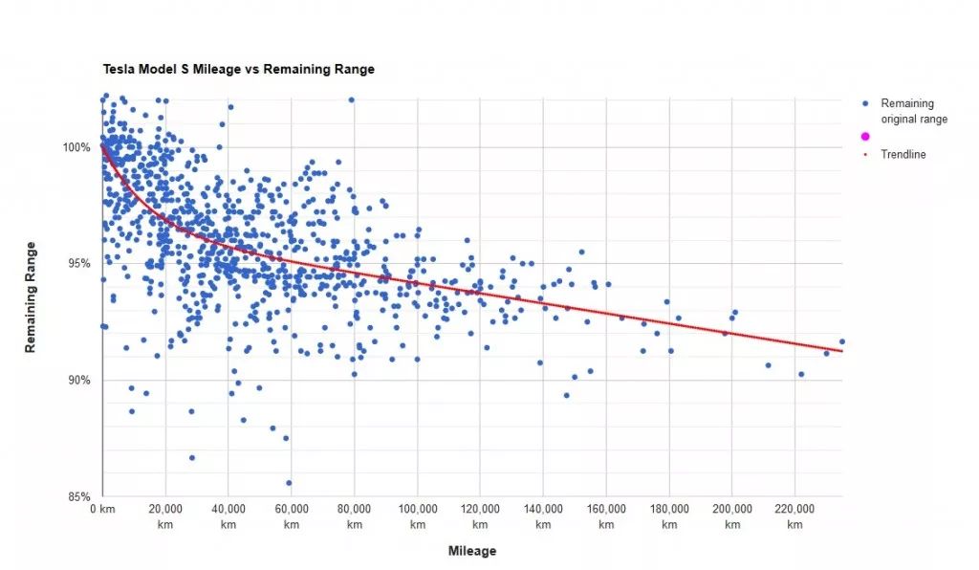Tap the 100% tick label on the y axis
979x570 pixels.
[x=77, y=147]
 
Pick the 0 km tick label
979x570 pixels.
[x=102, y=511]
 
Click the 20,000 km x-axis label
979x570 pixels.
[x=165, y=516]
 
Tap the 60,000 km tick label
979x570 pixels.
[x=292, y=516]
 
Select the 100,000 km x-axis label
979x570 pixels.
[x=418, y=516]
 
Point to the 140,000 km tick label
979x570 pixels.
[x=543, y=516]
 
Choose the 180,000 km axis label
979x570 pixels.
[x=669, y=516]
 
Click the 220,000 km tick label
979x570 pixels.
[x=795, y=516]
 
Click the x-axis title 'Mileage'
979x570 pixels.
[x=472, y=552]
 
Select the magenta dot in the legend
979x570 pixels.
[x=865, y=137]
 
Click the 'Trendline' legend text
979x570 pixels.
[x=903, y=154]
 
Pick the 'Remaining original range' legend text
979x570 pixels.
[x=913, y=111]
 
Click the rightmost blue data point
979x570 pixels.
[x=842, y=341]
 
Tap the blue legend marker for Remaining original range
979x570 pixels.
[x=865, y=103]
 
